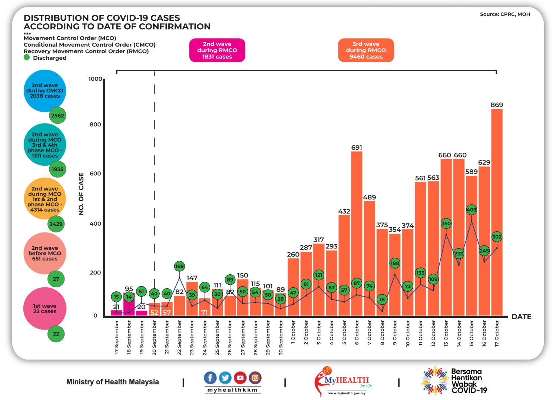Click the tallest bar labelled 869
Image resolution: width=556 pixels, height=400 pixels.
click(497, 211)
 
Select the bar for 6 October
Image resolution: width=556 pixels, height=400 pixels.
click(357, 234)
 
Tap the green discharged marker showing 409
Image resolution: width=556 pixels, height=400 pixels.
click(471, 210)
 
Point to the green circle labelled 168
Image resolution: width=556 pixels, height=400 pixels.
click(179, 266)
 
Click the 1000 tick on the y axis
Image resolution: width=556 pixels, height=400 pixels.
click(95, 79)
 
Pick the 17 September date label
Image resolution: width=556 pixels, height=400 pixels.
click(117, 337)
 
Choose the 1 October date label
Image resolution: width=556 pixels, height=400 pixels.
click(293, 333)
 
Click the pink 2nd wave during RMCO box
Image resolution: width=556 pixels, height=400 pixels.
click(217, 50)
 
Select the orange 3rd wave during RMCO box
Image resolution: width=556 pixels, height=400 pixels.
click(366, 50)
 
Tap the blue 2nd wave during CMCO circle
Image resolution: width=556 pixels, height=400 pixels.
click(44, 90)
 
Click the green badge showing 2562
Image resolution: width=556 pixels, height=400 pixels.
click(57, 116)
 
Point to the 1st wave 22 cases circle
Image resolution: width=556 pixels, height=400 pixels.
click(44, 308)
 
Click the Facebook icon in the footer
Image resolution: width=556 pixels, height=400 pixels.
click(210, 378)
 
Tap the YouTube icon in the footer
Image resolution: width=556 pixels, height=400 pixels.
click(240, 378)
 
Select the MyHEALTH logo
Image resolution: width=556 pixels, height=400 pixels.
click(343, 381)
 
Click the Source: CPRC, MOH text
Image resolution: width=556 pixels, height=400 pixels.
click(505, 14)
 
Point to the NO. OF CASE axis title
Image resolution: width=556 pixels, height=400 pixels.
click(82, 194)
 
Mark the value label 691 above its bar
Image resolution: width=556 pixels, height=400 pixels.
click(357, 148)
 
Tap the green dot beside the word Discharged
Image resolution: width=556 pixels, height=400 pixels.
click(27, 57)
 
